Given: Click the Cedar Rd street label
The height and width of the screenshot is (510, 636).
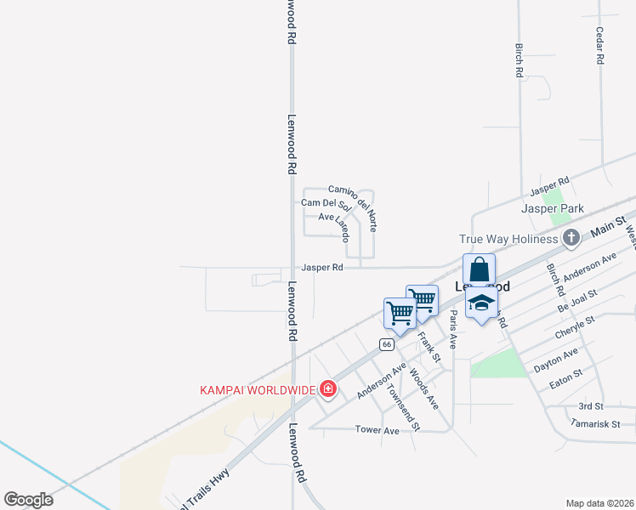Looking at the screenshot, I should click(599, 46).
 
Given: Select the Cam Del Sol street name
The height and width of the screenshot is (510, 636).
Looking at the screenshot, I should click(326, 203).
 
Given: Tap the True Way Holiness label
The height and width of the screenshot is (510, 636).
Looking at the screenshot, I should click(508, 239).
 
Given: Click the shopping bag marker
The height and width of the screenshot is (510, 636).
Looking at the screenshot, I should click(480, 270).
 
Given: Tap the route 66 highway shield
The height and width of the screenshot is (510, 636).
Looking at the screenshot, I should click(387, 344).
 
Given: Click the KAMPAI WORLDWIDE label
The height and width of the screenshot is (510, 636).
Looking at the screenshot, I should click(257, 390).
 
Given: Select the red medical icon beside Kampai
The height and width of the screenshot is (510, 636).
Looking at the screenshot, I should click(327, 390).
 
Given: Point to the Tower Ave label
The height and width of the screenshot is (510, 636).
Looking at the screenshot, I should click(377, 431).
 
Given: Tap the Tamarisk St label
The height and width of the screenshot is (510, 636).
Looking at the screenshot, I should click(597, 423).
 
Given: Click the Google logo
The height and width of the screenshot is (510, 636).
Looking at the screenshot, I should click(29, 500).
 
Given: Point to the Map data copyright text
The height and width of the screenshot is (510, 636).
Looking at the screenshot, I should click(599, 503).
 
